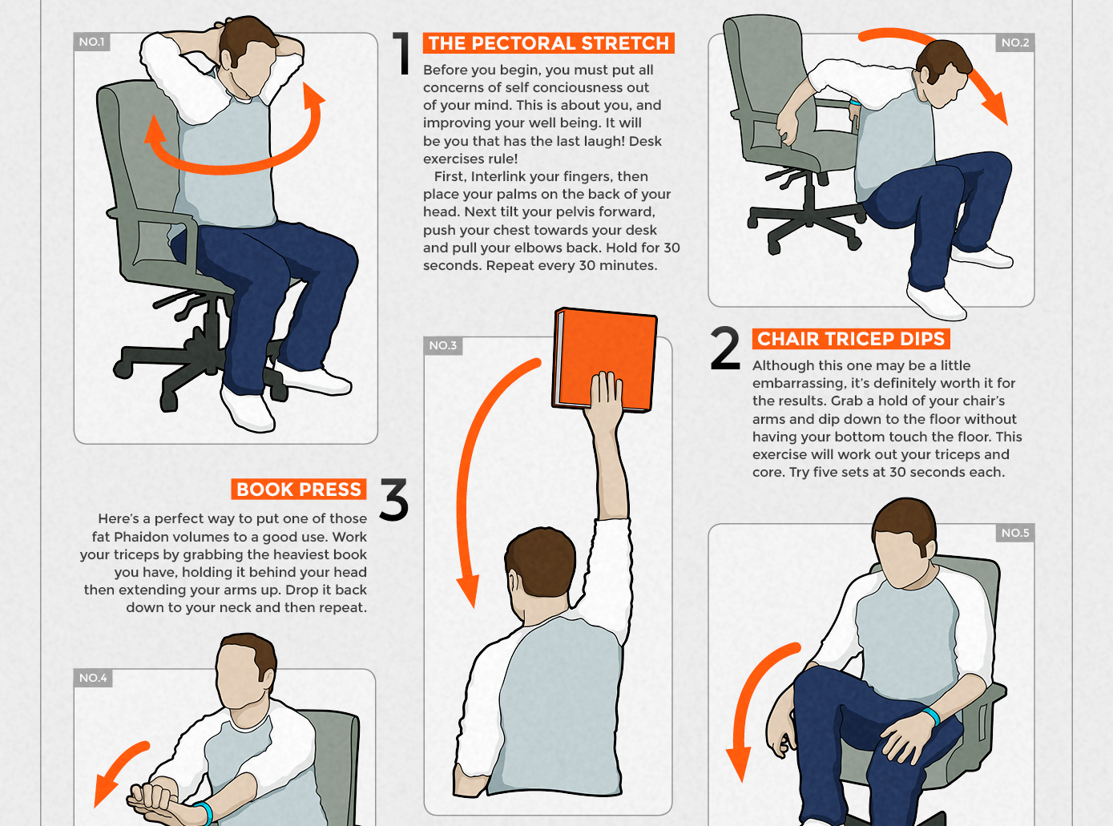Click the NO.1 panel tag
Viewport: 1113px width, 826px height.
92,42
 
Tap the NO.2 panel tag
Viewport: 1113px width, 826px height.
1014,42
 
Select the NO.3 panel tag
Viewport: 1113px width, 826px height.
443,346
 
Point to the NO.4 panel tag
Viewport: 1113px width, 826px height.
93,678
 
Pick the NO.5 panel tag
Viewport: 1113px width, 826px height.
1014,533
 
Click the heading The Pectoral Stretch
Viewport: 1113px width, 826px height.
548,43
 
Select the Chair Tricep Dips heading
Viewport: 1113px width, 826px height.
851,339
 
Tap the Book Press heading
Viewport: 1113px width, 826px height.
299,490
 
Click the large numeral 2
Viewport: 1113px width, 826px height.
725,349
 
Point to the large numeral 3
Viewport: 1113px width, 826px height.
394,499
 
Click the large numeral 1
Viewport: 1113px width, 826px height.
401,53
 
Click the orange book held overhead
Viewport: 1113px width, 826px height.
604,359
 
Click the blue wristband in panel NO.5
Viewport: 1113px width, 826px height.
932,715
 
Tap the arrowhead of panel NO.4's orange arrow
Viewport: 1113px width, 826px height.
104,791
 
